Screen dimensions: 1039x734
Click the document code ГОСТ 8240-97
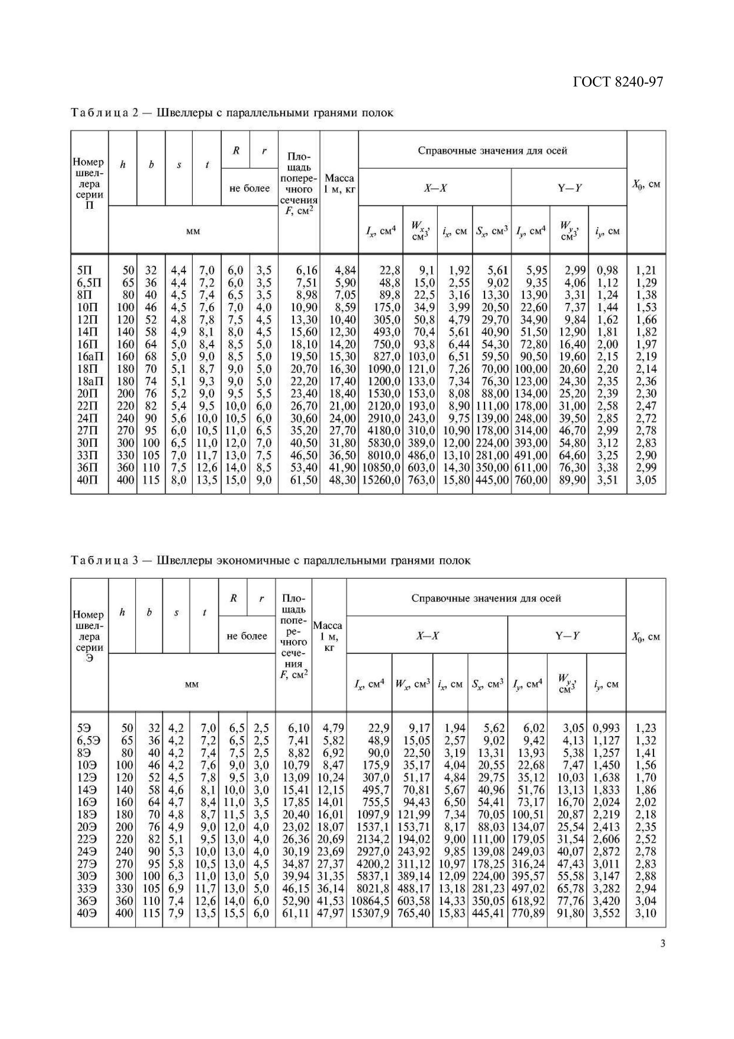click(618, 81)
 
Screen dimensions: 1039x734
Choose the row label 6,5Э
click(88, 740)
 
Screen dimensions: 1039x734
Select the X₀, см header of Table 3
click(646, 637)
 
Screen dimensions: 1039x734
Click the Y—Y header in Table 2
click(569, 188)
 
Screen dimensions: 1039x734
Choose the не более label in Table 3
click(247, 636)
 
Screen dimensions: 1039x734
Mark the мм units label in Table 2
click(193, 231)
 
